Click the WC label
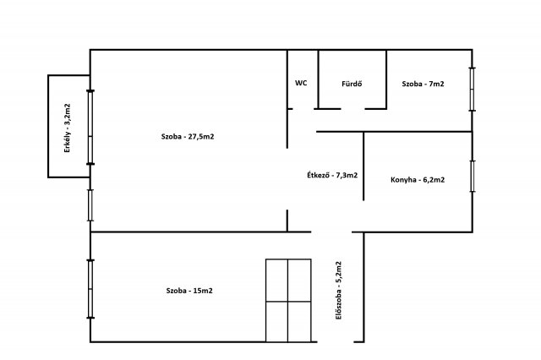[x=301, y=83]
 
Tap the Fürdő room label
[x=352, y=84]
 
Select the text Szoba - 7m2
[x=423, y=84]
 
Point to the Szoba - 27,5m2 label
[x=188, y=137]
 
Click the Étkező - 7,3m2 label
[x=332, y=175]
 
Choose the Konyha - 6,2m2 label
[x=418, y=180]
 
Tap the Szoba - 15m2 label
[x=189, y=291]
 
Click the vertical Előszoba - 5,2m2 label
[x=339, y=291]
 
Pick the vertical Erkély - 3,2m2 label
[x=68, y=128]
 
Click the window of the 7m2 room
[x=473, y=90]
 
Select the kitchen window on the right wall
[x=473, y=177]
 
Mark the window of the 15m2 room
[x=90, y=289]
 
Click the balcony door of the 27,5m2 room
[x=90, y=128]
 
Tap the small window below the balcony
[x=90, y=205]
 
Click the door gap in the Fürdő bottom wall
[x=353, y=109]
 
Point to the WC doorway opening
[x=303, y=109]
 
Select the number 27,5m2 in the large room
[x=201, y=137]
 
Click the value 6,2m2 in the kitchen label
[x=434, y=180]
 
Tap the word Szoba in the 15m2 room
[x=177, y=291]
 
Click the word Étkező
[x=318, y=175]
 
